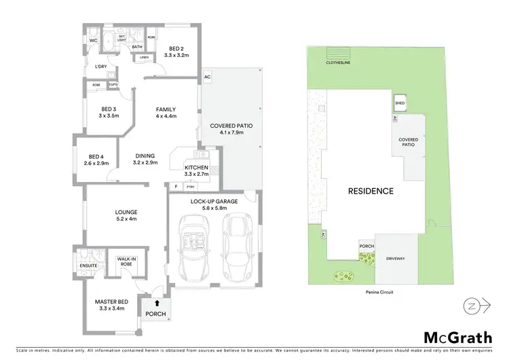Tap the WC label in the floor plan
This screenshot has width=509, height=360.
94,41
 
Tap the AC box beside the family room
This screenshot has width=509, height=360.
207,77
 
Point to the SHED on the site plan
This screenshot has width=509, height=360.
399,103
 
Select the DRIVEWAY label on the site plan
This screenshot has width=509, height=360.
396,259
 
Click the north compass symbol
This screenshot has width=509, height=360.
472,306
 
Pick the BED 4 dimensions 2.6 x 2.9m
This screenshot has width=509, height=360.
96,164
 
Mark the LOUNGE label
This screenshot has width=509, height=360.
127,215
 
